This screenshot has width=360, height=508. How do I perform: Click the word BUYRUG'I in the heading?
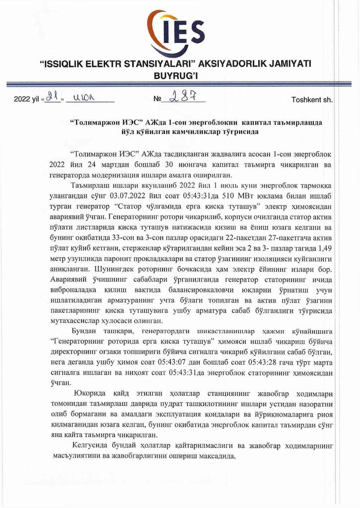tap(180, 76)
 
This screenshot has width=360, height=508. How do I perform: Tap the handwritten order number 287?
tap(181, 97)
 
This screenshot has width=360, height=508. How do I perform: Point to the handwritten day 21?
tap(53, 97)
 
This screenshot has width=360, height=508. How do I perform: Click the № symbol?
tap(158, 99)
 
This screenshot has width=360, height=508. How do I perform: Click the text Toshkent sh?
tap(312, 99)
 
